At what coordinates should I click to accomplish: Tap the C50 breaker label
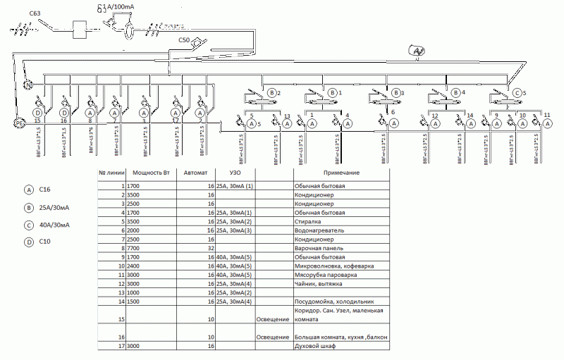185,40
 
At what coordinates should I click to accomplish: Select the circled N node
29,85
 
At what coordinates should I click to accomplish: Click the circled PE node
19,123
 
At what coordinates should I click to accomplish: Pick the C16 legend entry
45,190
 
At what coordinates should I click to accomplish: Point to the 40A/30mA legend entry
54,225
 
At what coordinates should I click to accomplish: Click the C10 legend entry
45,243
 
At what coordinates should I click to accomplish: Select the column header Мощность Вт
151,173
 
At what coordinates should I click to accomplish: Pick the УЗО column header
236,173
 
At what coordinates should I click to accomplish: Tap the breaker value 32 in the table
209,248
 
